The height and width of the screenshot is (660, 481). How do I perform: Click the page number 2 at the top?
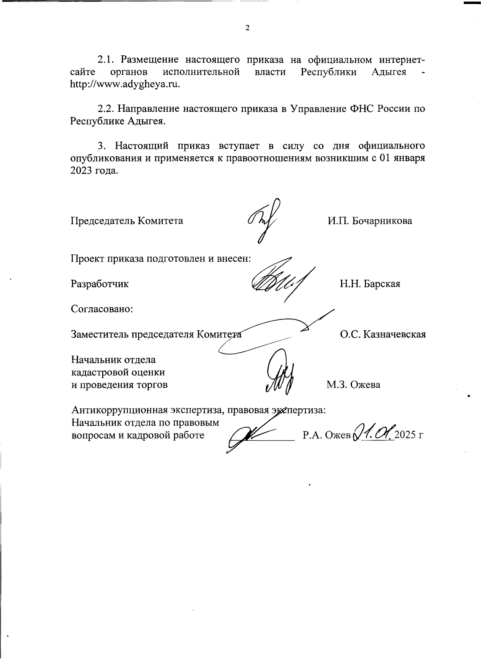pyautogui.click(x=247, y=28)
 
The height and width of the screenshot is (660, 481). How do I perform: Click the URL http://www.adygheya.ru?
pyautogui.click(x=125, y=85)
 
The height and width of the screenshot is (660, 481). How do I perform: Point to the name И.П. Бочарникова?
pyautogui.click(x=370, y=221)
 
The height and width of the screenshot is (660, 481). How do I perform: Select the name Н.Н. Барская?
pyautogui.click(x=370, y=284)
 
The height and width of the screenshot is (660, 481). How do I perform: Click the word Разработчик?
pyautogui.click(x=100, y=284)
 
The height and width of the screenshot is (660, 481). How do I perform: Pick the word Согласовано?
pyautogui.click(x=102, y=309)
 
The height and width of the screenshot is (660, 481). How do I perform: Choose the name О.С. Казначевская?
pyautogui.click(x=383, y=334)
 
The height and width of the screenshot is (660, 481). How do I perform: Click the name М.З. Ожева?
pyautogui.click(x=353, y=385)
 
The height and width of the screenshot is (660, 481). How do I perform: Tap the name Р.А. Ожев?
pyautogui.click(x=327, y=435)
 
